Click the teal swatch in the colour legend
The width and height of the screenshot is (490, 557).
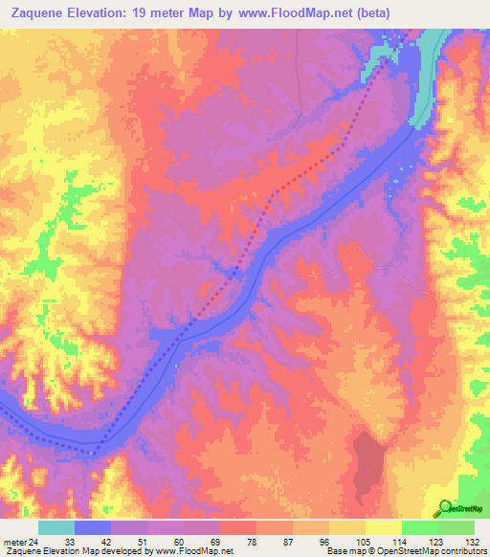point(56,528)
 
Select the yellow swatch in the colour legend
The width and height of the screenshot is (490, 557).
point(383,528)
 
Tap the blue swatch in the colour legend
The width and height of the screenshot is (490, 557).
point(93,528)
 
